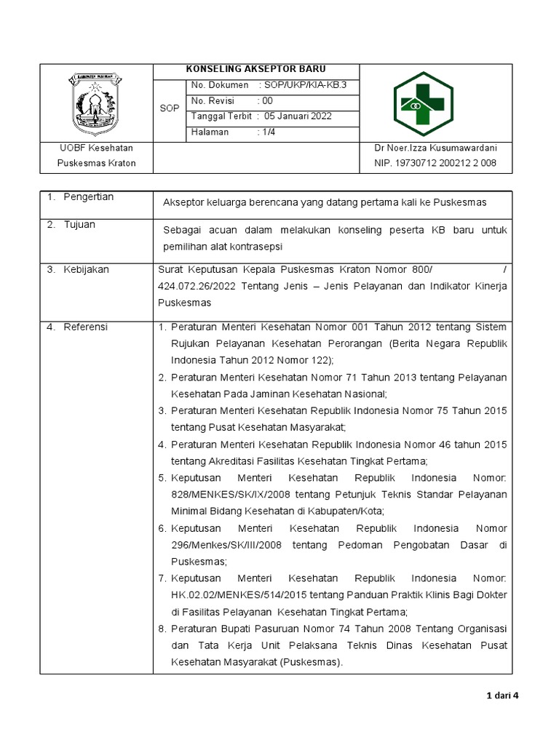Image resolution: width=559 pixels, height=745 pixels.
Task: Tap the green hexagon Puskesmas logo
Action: coord(423,104)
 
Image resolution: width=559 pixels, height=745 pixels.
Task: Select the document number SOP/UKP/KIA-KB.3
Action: coord(306,85)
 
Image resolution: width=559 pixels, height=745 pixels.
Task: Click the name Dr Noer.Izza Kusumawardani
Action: coord(435,148)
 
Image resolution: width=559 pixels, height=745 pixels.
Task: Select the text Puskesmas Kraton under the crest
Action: coord(96,163)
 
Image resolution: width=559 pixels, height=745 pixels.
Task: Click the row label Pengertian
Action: coord(88,197)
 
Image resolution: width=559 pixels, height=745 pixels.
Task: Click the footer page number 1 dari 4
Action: coord(501,696)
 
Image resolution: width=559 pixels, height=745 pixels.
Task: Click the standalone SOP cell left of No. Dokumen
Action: coord(169,108)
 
